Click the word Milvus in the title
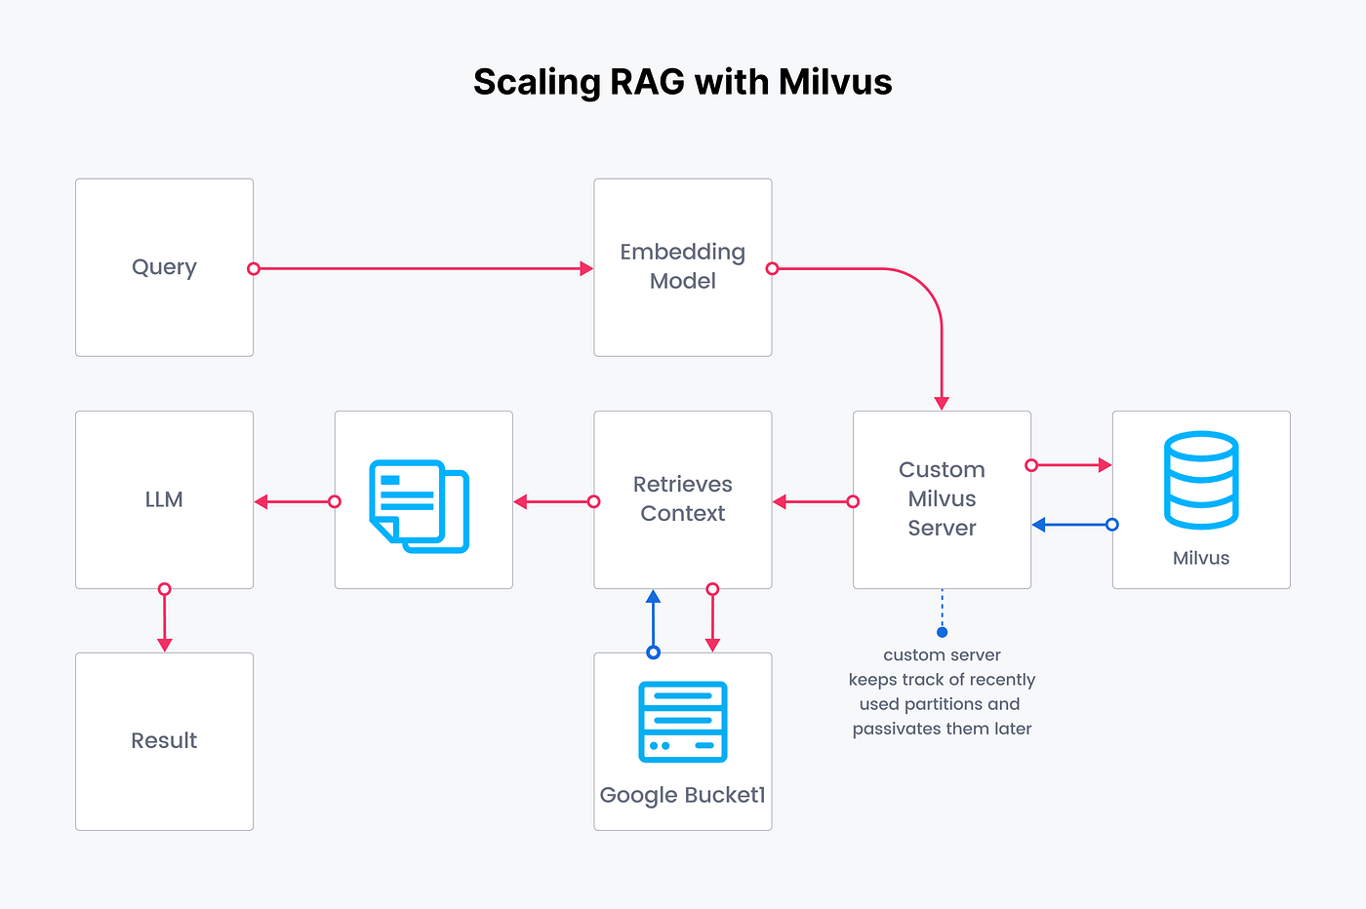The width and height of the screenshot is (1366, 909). pos(835,82)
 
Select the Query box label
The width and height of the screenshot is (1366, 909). pos(164,267)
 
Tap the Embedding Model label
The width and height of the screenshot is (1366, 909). pos(682,266)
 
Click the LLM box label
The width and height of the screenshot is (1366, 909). pos(164,499)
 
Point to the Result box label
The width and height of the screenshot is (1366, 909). pos(164,740)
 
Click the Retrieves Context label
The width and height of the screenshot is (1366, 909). pos(682,498)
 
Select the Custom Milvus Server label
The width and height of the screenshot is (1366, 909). pos(942,498)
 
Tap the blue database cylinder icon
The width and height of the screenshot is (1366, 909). pos(1201,481)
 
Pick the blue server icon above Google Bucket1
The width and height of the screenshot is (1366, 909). pos(682,722)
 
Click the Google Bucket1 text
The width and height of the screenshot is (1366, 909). pos(682,795)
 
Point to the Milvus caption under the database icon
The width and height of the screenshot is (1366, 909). pos(1201,558)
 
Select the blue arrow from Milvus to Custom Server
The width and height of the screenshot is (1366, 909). pos(1071,525)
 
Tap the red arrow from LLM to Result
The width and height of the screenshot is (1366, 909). pos(165,620)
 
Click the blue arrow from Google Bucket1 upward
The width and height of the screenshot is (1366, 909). pos(654,620)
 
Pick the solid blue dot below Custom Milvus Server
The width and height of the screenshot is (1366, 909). pos(942,632)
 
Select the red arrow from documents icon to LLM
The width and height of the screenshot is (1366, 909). pos(294,502)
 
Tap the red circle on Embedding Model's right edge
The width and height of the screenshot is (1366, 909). pos(772,268)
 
